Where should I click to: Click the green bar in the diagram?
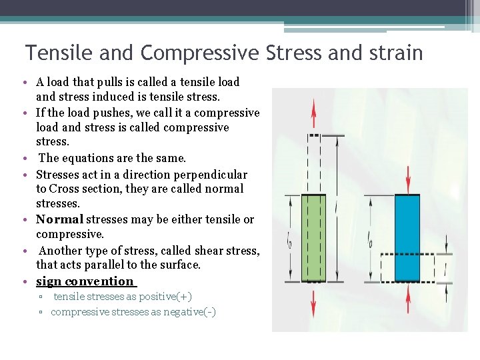click(x=314, y=237)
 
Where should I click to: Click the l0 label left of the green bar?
click(x=289, y=241)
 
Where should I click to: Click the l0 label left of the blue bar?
click(x=371, y=241)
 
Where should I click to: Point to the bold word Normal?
click(x=59, y=219)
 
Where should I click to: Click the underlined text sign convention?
click(x=85, y=281)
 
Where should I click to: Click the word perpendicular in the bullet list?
click(x=210, y=175)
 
